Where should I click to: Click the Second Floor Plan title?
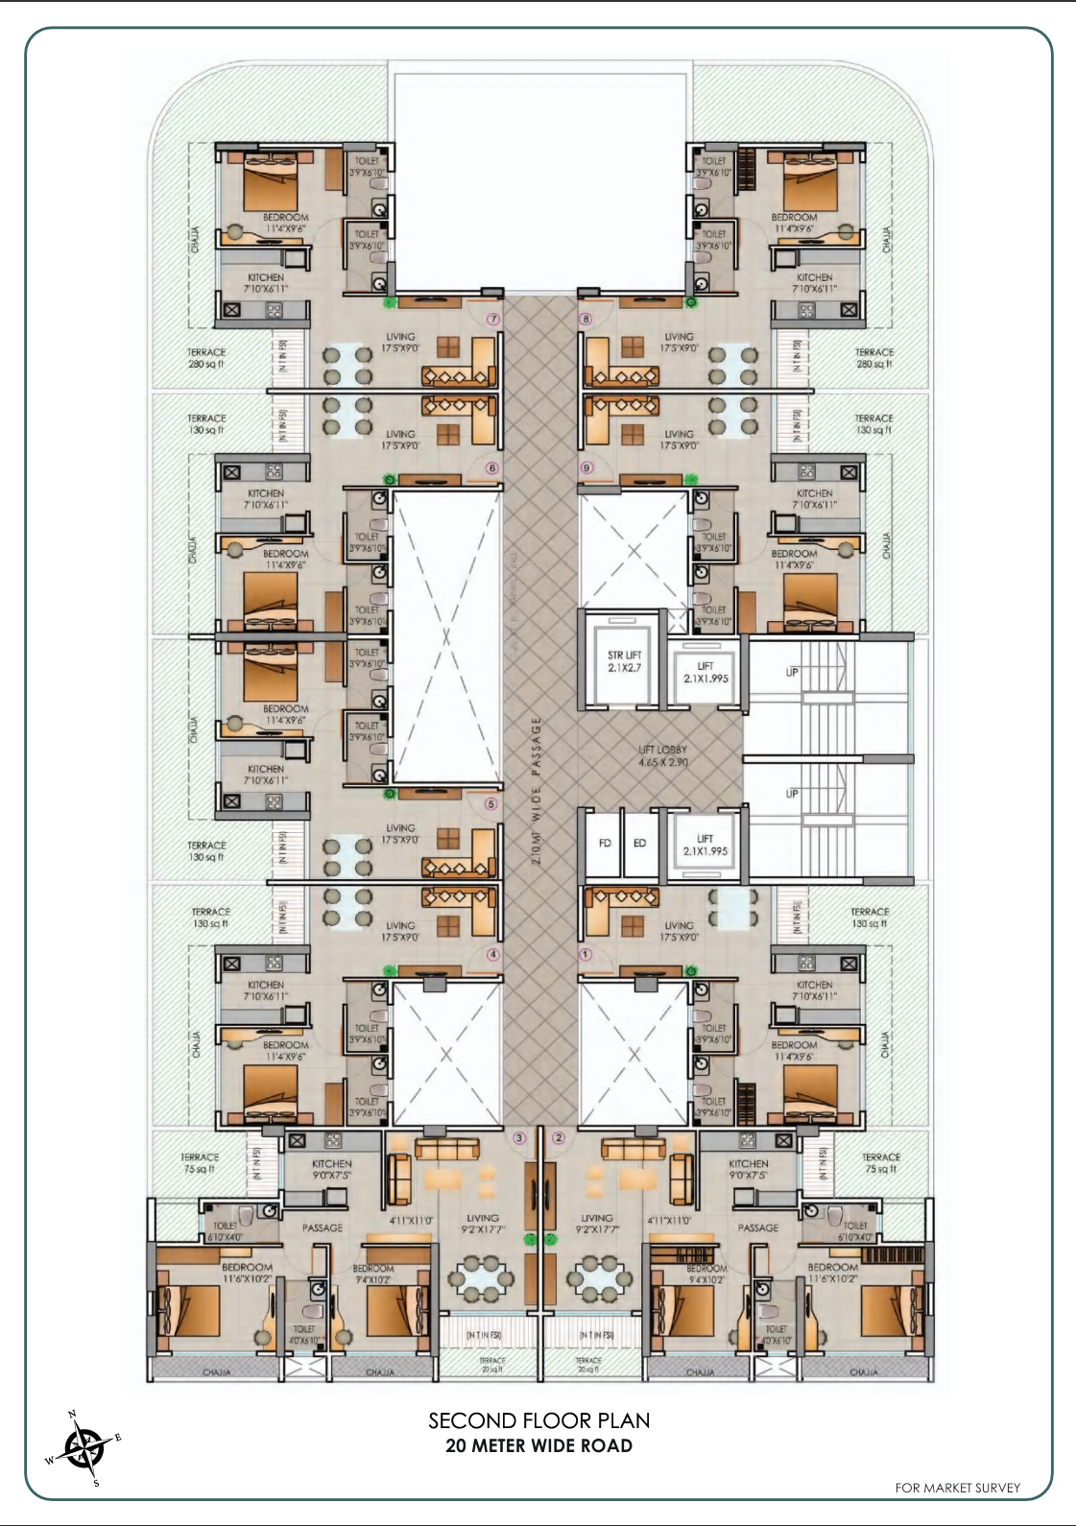[x=538, y=1420]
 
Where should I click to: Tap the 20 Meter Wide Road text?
[x=538, y=1445]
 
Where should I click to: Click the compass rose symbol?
[x=85, y=1448]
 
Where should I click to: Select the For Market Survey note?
[x=957, y=1488]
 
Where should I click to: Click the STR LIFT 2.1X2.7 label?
[x=624, y=661]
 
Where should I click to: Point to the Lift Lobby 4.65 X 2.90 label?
[x=662, y=756]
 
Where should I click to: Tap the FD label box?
[x=605, y=843]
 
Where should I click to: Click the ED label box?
[x=639, y=843]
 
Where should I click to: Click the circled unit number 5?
[x=490, y=804]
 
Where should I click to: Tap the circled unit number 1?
[x=585, y=954]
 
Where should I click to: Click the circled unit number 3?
[x=519, y=1138]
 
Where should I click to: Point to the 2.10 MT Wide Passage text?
[x=537, y=791]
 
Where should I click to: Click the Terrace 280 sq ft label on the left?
[x=206, y=358]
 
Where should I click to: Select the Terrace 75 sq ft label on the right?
[x=880, y=1163]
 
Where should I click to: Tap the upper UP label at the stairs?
[x=792, y=672]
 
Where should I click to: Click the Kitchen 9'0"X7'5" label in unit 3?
[x=331, y=1169]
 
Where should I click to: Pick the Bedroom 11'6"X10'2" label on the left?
[x=248, y=1273]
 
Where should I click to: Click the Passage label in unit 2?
[x=758, y=1228]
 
